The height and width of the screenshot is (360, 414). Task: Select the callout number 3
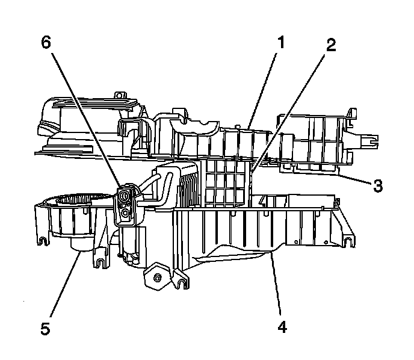point(377,185)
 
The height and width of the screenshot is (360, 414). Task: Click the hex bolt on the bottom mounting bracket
point(157,277)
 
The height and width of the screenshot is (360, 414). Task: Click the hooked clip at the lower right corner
point(348,240)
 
